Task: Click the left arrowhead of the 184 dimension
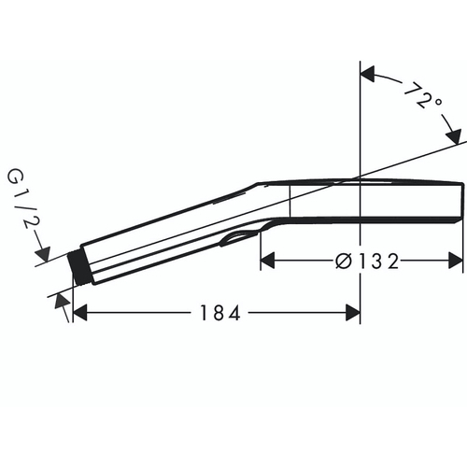coord(81,314)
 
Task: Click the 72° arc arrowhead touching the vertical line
coord(368,72)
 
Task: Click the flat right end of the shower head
coord(462,202)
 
